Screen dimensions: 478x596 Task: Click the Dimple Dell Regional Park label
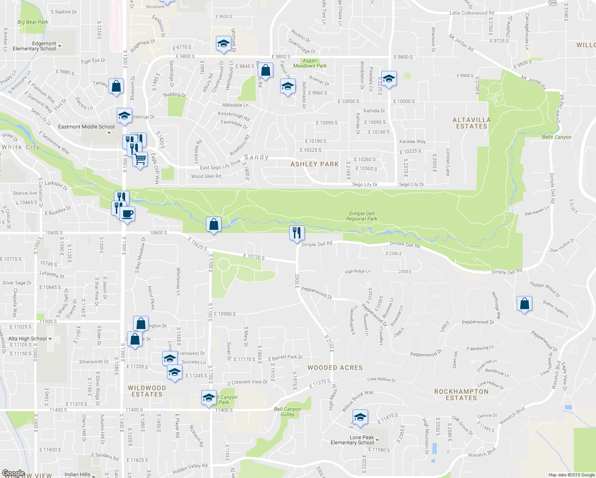361,216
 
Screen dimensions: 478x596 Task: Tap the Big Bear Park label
33,22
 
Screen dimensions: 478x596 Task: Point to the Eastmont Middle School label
86,127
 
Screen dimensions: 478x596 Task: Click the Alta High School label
27,339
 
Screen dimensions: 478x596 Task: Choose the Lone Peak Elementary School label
352,440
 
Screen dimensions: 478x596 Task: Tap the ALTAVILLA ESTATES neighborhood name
472,123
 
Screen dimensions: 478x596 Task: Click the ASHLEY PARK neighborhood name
314,164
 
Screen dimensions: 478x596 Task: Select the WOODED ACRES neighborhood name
335,368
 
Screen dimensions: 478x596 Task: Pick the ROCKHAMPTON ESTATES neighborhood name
461,395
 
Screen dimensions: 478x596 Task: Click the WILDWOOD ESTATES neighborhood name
147,391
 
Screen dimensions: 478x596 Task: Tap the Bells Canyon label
557,137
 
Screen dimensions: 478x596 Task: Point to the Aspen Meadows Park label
310,63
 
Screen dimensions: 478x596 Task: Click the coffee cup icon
127,214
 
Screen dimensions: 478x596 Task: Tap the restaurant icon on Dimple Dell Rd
296,233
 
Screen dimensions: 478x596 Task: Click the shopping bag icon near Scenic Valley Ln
525,304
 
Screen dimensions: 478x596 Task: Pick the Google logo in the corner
13,474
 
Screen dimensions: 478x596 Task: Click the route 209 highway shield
552,3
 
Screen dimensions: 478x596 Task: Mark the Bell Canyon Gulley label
287,411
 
